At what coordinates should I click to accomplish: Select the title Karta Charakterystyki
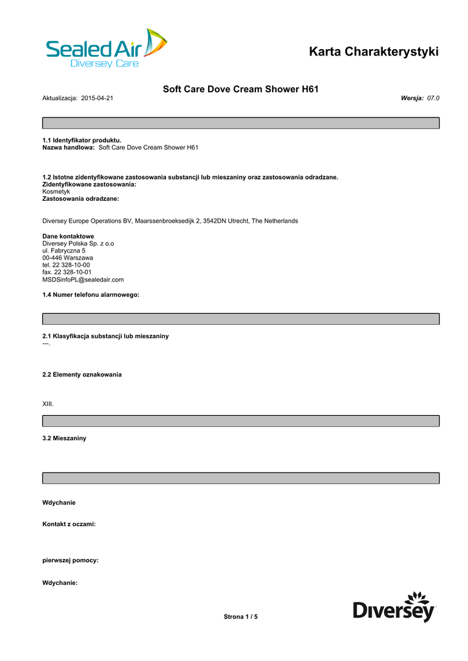(x=374, y=52)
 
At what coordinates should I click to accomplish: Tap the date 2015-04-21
(x=98, y=98)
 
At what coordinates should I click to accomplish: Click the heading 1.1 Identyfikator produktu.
(x=81, y=140)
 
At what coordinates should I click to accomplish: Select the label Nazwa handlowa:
(x=69, y=148)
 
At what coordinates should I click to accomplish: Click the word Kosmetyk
(x=56, y=192)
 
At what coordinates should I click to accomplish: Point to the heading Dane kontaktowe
(x=68, y=236)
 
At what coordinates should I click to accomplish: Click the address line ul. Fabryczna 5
(x=64, y=250)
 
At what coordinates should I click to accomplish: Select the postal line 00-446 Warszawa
(x=67, y=258)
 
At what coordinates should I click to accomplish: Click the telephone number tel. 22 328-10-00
(x=66, y=265)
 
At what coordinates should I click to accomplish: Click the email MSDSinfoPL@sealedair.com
(x=83, y=280)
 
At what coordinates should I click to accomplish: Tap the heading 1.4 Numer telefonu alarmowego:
(x=90, y=294)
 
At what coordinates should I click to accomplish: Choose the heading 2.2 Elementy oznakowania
(x=81, y=374)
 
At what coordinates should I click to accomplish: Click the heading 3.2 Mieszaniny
(x=64, y=438)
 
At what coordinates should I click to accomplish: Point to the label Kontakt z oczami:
(x=69, y=524)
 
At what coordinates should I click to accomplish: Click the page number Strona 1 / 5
(x=240, y=617)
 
